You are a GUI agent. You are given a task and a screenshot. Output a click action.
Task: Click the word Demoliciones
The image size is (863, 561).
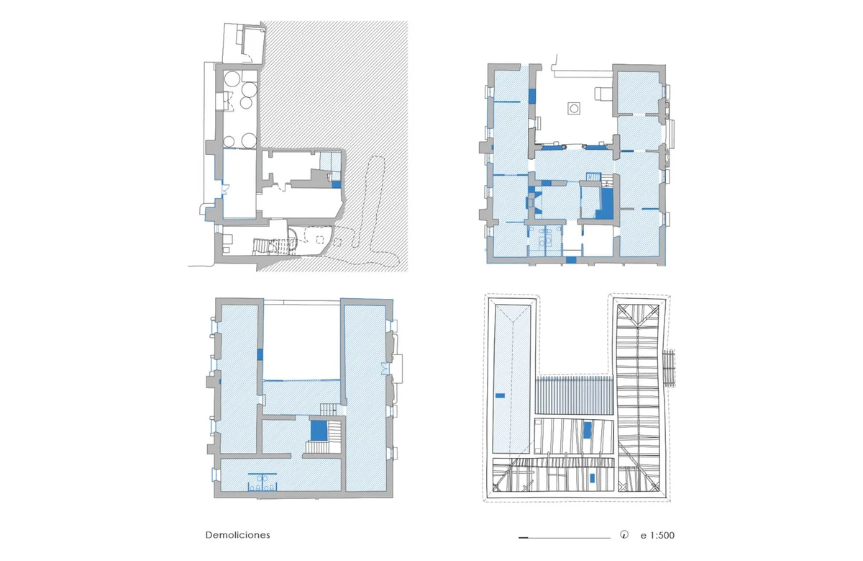(x=237, y=535)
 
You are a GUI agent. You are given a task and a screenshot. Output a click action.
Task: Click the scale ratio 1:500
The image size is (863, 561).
(x=662, y=536)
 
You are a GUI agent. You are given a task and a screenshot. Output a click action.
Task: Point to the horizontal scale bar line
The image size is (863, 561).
(x=565, y=537)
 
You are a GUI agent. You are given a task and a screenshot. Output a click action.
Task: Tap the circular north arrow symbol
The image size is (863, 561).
(x=624, y=535)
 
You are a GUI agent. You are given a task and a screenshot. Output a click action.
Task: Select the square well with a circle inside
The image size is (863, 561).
(x=574, y=109)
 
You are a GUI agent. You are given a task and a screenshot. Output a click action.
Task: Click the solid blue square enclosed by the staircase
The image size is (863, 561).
(x=319, y=430)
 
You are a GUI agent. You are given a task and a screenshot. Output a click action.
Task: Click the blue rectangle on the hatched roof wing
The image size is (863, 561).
(x=500, y=395)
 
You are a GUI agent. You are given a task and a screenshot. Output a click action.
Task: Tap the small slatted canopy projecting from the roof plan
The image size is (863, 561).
(x=670, y=368)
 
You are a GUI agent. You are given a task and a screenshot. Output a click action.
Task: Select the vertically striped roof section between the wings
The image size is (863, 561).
(x=575, y=395)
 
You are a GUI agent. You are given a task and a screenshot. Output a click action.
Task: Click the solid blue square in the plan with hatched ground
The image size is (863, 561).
(x=337, y=185)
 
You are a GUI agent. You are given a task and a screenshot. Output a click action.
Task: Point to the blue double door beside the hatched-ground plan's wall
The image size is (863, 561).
(x=225, y=189)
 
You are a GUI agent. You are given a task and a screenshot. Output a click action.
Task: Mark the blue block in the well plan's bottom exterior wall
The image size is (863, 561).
(x=571, y=260)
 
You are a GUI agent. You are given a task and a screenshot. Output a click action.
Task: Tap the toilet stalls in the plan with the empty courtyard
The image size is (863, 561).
(x=262, y=483)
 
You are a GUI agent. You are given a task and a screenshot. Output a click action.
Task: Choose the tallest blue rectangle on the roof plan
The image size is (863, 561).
(x=587, y=430)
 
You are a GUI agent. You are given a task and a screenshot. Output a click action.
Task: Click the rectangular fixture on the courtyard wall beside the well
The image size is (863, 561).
(x=602, y=94)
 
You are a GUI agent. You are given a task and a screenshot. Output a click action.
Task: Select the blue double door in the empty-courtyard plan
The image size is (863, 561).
(x=385, y=369)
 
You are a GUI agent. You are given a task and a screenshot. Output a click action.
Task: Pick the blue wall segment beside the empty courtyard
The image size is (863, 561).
(x=260, y=354)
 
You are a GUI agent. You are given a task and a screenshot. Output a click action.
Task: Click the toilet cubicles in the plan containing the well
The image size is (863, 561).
(x=544, y=241)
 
